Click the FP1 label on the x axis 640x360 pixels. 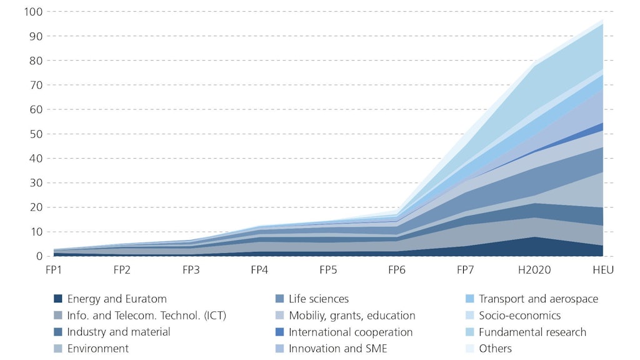pos(53,270)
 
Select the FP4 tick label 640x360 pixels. pos(259,270)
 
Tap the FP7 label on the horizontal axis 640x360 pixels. pos(466,270)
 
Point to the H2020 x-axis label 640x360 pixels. pos(534,270)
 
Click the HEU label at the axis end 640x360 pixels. pos(603,270)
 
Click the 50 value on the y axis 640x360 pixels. pos(36,134)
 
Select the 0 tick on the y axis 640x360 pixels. pos(39,256)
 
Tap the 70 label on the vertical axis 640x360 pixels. pos(36,85)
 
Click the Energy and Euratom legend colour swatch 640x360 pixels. pos(58,299)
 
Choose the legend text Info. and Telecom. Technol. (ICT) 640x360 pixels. pos(146,316)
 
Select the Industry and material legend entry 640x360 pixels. pos(118,332)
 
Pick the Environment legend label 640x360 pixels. pos(97,349)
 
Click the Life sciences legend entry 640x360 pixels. pos(318,299)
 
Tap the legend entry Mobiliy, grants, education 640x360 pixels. pos(351,316)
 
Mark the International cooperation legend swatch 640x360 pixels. pos(279,332)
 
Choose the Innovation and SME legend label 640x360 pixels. pos(337,349)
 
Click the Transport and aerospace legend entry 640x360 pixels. pos(537,299)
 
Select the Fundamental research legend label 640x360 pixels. pos(532,332)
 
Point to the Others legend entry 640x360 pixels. pos(495,349)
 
